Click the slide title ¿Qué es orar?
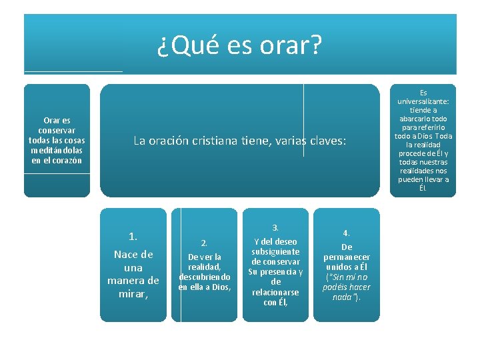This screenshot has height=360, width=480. pos(239,45)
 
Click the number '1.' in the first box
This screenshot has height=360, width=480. pos(133,236)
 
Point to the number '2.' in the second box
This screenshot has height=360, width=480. pos(205,243)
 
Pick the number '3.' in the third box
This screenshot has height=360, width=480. pos(276,227)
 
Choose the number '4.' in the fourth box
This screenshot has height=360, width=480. pos(346,233)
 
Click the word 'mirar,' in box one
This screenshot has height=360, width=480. pos(133,293)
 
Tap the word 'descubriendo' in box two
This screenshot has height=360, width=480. pos(205,277)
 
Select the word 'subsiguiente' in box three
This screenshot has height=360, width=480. pos(276,252)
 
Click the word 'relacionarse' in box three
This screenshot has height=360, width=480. pos(276,292)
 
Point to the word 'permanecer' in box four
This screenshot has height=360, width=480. pos(346,257)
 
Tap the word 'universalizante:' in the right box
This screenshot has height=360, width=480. pos(423,101)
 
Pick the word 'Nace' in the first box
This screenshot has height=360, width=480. pos(124,254)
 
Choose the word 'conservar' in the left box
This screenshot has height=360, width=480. pos(57,130)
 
